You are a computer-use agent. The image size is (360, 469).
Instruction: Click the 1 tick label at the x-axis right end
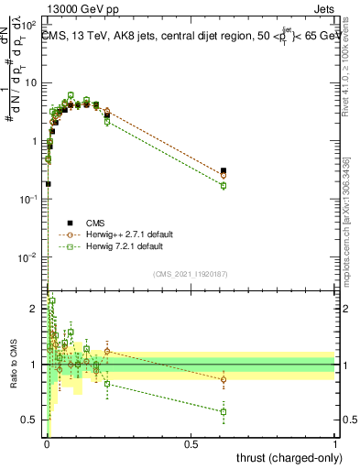coord(335,444)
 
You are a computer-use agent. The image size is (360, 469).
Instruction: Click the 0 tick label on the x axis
coord(46,444)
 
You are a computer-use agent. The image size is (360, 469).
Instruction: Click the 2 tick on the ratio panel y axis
coord(37,309)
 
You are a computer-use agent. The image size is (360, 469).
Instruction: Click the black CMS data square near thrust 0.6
coord(224,170)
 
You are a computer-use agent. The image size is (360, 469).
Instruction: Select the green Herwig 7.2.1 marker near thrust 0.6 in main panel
coord(224,186)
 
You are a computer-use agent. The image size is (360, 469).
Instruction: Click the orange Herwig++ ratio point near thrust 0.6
coord(224,379)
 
